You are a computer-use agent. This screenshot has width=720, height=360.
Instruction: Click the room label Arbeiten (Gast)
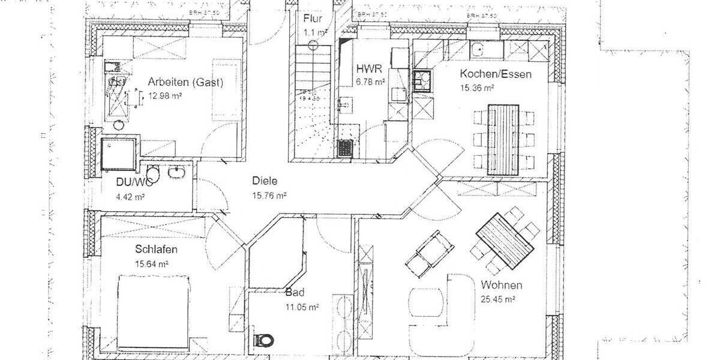click(185, 83)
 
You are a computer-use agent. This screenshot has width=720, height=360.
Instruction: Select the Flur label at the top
click(313, 18)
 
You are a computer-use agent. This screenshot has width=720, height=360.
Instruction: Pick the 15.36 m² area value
click(477, 88)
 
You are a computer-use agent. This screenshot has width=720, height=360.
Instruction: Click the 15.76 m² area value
click(269, 195)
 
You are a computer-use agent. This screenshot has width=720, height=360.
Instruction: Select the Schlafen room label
click(156, 250)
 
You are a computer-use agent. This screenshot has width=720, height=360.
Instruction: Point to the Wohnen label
click(501, 285)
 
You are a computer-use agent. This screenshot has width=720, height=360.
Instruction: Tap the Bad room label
click(295, 293)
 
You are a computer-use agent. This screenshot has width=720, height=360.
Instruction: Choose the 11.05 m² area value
click(302, 307)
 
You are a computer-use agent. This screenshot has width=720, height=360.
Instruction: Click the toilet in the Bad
click(263, 340)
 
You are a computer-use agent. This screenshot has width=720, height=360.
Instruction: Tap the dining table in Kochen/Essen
click(503, 138)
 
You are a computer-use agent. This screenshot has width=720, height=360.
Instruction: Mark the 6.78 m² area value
click(370, 83)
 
